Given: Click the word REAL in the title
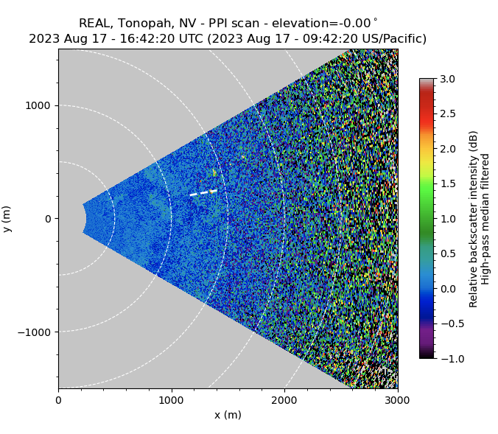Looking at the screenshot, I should pyautogui.click(x=95, y=24).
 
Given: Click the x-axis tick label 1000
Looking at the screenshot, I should pyautogui.click(x=172, y=400).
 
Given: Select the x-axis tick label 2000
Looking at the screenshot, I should pyautogui.click(x=284, y=400).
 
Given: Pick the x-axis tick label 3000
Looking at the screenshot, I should pyautogui.click(x=397, y=400).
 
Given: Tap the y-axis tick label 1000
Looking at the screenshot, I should pyautogui.click(x=38, y=105).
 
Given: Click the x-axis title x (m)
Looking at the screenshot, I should pyautogui.click(x=228, y=415).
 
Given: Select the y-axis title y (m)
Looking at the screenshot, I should pyautogui.click(x=7, y=219).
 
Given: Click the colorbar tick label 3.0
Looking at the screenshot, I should pyautogui.click(x=448, y=79).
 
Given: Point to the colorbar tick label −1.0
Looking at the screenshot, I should pyautogui.click(x=445, y=359).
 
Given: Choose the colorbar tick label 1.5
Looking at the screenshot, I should pyautogui.click(x=448, y=183).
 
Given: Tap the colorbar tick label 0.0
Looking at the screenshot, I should pyautogui.click(x=448, y=289).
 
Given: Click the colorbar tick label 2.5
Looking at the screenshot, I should pyautogui.click(x=448, y=113).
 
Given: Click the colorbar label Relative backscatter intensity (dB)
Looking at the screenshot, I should pyautogui.click(x=474, y=219).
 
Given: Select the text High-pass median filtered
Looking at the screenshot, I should pyautogui.click(x=485, y=219).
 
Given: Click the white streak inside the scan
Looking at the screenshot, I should pyautogui.click(x=203, y=193).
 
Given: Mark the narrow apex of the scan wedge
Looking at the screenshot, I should pyautogui.click(x=84, y=218).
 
